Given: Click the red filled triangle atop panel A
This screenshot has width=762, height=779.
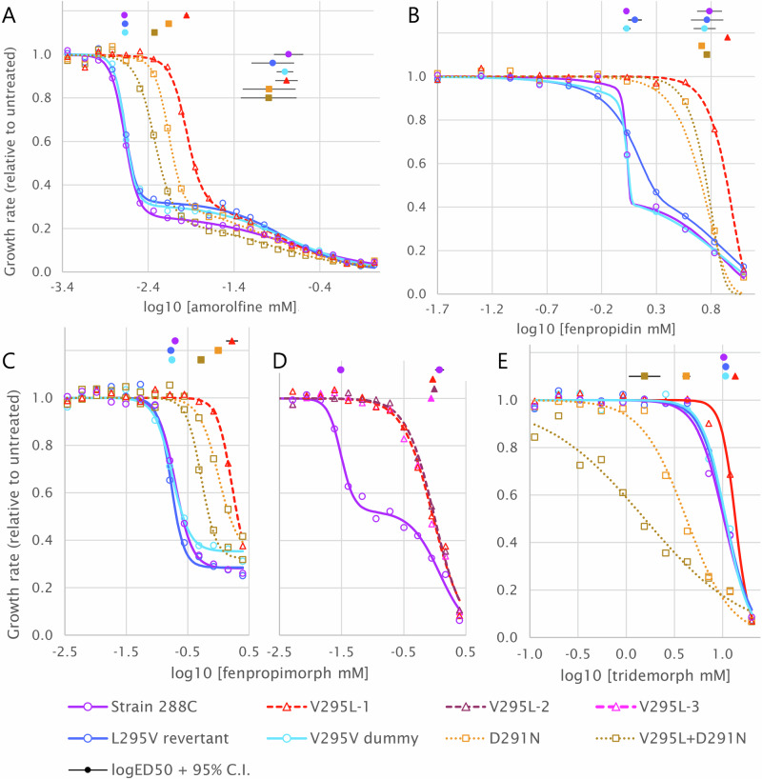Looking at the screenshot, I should pyautogui.click(x=187, y=15).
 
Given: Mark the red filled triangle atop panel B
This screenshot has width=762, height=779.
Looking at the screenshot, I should pyautogui.click(x=728, y=38).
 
